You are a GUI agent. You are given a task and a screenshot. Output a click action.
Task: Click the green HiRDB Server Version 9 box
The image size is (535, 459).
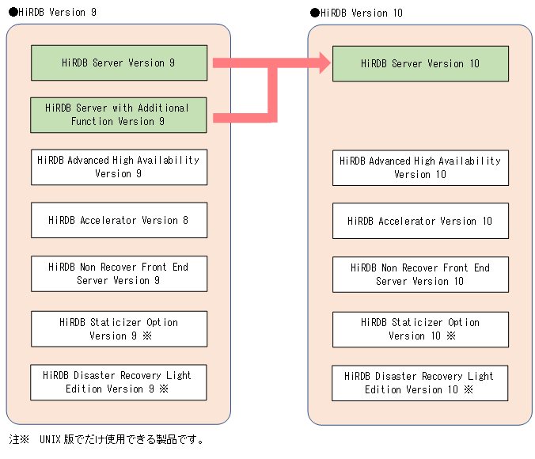(x=119, y=63)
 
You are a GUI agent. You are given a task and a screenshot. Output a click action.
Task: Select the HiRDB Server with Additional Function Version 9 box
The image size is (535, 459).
(x=119, y=115)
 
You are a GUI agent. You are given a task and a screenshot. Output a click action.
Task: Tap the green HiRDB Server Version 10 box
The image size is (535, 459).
(x=420, y=63)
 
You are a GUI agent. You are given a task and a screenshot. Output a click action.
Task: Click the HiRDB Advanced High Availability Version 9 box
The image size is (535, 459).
(x=119, y=167)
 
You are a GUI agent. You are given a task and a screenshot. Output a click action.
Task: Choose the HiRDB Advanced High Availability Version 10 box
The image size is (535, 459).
(x=420, y=168)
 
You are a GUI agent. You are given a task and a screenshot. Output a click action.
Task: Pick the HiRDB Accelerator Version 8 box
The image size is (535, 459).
(x=119, y=220)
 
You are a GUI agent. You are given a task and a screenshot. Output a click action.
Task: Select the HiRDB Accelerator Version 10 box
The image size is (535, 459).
(x=420, y=221)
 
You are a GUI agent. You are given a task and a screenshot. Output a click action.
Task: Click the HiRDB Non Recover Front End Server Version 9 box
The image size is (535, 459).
(x=119, y=274)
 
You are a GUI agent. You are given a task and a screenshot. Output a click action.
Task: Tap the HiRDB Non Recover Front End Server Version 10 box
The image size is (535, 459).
(x=420, y=275)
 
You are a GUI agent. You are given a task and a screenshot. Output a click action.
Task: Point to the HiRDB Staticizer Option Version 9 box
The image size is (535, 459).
(x=119, y=328)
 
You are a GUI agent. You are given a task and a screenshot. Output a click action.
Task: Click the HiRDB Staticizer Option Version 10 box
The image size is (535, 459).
(x=420, y=329)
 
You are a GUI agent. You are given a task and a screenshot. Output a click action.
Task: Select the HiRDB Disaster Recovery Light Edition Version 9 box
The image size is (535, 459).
(x=119, y=382)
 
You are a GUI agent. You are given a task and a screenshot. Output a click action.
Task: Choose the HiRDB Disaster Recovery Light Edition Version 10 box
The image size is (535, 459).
(x=420, y=383)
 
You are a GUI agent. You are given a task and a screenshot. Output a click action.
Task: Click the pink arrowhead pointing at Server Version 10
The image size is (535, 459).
(x=324, y=63)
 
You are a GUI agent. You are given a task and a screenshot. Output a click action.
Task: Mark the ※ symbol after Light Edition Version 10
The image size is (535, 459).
(x=469, y=389)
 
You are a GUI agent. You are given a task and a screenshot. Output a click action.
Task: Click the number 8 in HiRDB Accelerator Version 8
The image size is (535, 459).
(x=185, y=220)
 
